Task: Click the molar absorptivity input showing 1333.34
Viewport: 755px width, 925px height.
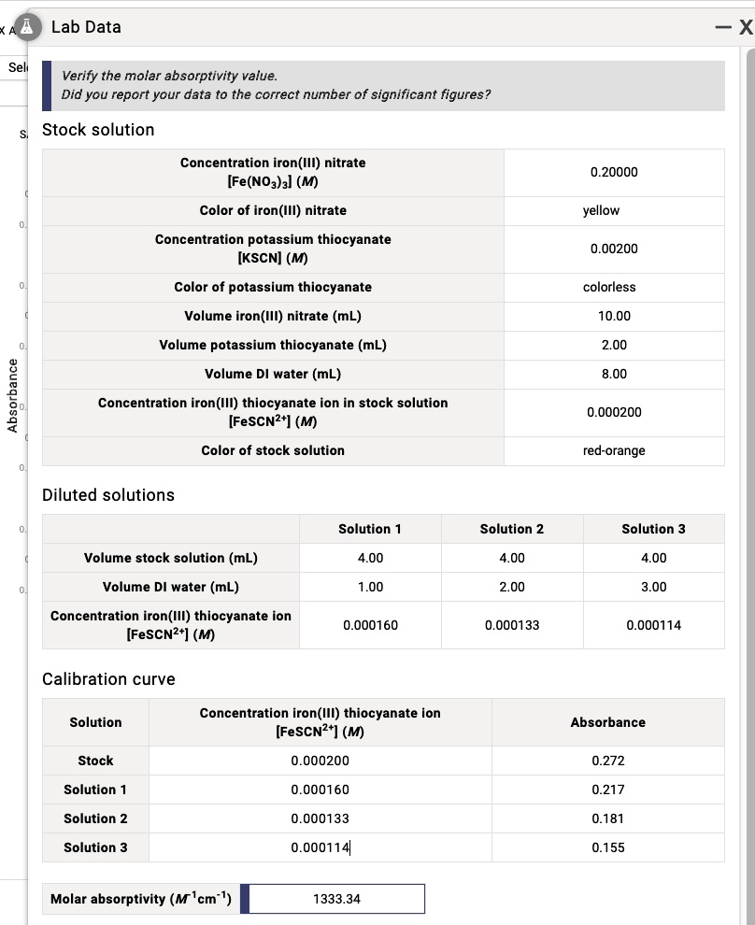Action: (336, 899)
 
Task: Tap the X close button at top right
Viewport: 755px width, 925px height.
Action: (745, 28)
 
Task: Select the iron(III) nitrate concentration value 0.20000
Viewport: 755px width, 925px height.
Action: (614, 172)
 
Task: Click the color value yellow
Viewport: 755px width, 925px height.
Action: (601, 210)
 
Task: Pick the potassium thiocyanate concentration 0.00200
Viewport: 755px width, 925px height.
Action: (614, 249)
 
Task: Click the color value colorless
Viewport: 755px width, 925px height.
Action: (608, 287)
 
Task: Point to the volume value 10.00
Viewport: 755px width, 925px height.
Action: (614, 316)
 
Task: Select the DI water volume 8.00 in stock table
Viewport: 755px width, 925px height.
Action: (614, 374)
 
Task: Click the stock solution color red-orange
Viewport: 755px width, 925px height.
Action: (614, 450)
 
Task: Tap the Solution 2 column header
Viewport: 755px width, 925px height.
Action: (512, 529)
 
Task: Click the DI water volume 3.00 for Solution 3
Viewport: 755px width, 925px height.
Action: (653, 587)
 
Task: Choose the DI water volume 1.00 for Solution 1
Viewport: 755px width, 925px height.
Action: (370, 587)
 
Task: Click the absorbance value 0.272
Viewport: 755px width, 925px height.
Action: (608, 761)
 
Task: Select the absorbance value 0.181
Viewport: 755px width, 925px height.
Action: (608, 818)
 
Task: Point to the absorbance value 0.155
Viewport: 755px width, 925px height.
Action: (608, 847)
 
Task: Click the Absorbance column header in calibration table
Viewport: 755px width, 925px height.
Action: (607, 722)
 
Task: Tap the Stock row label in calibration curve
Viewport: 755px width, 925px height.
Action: (95, 761)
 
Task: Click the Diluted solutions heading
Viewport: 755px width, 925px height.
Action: (108, 495)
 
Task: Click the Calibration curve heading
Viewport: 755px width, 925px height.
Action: (108, 679)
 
